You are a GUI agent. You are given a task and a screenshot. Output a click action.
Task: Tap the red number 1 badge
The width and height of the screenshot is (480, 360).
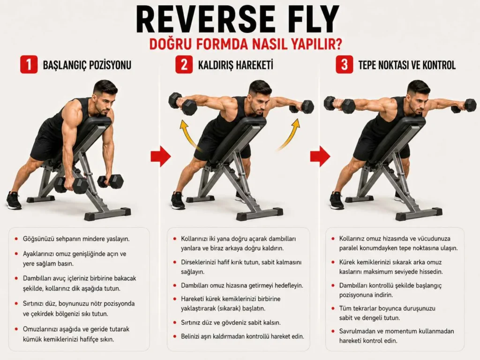(x=29, y=65)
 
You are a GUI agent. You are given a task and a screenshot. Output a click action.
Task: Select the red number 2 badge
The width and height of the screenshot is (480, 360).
(x=184, y=65)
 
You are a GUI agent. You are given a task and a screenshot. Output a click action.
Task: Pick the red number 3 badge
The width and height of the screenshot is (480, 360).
(x=345, y=65)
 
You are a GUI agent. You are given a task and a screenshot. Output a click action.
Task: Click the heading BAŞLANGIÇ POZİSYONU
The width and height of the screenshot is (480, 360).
(x=87, y=65)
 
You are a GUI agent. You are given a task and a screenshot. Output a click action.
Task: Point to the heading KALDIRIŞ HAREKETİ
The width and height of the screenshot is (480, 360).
(x=235, y=65)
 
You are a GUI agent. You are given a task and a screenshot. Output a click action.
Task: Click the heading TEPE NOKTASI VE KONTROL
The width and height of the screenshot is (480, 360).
(x=407, y=65)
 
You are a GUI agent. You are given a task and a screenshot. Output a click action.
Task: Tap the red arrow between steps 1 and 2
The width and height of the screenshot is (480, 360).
(x=160, y=157)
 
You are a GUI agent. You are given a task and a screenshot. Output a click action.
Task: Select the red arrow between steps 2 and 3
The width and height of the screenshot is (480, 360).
(x=320, y=157)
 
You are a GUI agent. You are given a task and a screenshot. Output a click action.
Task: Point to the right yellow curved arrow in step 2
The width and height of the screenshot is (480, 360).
(x=290, y=134)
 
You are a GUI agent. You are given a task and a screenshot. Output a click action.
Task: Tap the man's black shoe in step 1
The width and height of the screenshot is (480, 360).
(x=14, y=201)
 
